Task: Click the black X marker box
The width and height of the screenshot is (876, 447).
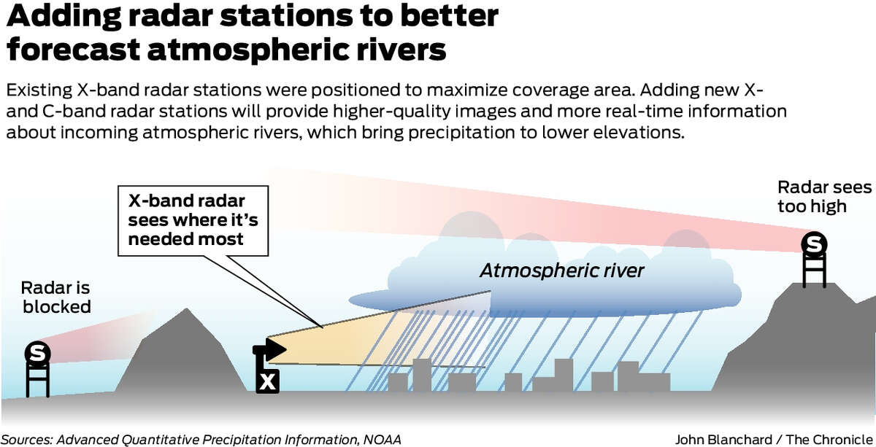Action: point(267,381)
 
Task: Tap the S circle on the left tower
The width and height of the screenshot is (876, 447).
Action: point(37,353)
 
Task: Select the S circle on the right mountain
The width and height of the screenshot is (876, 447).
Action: point(814,244)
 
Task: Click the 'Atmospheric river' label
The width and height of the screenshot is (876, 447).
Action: point(562,271)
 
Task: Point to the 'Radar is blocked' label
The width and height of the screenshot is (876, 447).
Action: point(56,298)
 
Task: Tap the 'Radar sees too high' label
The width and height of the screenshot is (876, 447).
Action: point(824,197)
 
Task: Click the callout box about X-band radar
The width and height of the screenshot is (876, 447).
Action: point(193,221)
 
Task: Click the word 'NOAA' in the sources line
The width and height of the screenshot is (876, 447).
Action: point(382,440)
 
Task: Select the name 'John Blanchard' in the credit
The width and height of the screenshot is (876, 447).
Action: point(723,440)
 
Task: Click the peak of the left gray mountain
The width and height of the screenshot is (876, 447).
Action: point(187,309)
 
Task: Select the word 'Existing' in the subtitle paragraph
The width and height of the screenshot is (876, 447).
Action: point(39,90)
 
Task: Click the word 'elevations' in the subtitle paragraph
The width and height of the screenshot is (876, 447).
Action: point(639,133)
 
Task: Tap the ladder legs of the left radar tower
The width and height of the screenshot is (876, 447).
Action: point(37,380)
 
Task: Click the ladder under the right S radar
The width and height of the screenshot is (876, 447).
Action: point(814,271)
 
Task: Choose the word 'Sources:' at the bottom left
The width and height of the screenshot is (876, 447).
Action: point(26,440)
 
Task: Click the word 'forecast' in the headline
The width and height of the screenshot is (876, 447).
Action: point(74,50)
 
